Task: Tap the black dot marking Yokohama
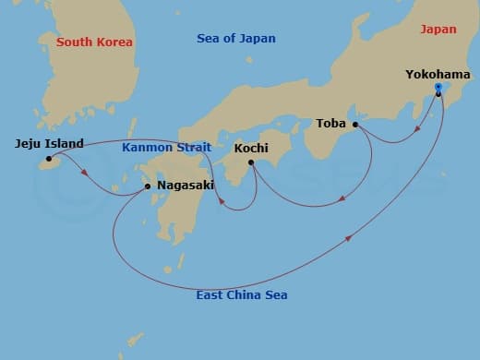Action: point(438,92)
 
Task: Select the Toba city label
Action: point(330,123)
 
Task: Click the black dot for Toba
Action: point(355,124)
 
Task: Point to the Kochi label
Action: point(251,148)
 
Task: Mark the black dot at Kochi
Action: point(251,163)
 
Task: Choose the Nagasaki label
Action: point(186,185)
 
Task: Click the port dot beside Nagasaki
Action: point(149,186)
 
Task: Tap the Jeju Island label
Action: point(50,143)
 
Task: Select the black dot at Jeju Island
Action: point(49,159)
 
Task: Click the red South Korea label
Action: point(94,42)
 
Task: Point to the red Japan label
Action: point(438,29)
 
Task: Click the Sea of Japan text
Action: point(236,38)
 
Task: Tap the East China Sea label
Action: point(242,295)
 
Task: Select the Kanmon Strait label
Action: point(167,148)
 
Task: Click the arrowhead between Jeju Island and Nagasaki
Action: point(86,173)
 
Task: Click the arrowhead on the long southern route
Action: point(348,238)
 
